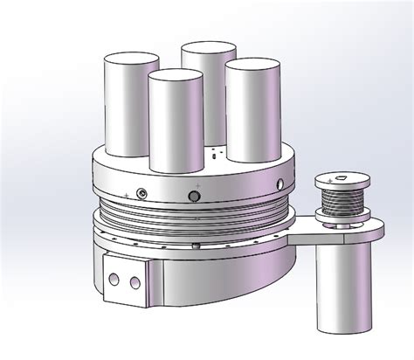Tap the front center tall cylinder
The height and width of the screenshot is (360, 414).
175,122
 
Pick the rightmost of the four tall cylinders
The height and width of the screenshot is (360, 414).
252,109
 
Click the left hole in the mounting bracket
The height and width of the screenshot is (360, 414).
114,280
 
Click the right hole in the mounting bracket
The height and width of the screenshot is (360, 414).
134,281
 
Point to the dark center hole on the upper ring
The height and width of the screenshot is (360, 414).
194,195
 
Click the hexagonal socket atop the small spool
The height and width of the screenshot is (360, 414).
342,179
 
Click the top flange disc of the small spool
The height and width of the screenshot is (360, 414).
342,183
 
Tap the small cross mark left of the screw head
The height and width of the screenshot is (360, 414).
128,192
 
